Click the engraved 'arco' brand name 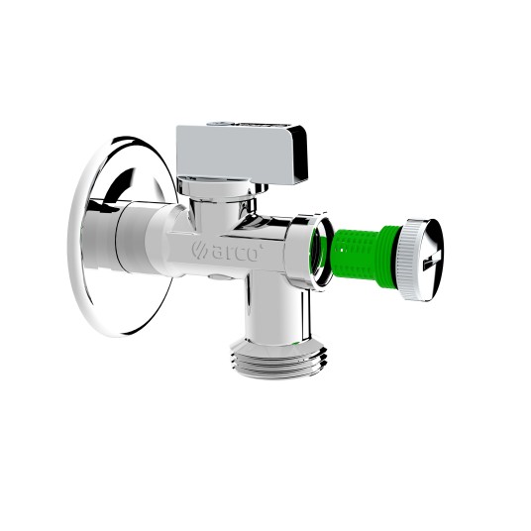click(235, 253)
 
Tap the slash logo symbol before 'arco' click(200, 250)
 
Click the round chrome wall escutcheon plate click(123, 237)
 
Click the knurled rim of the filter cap click(406, 260)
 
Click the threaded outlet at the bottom click(277, 360)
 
